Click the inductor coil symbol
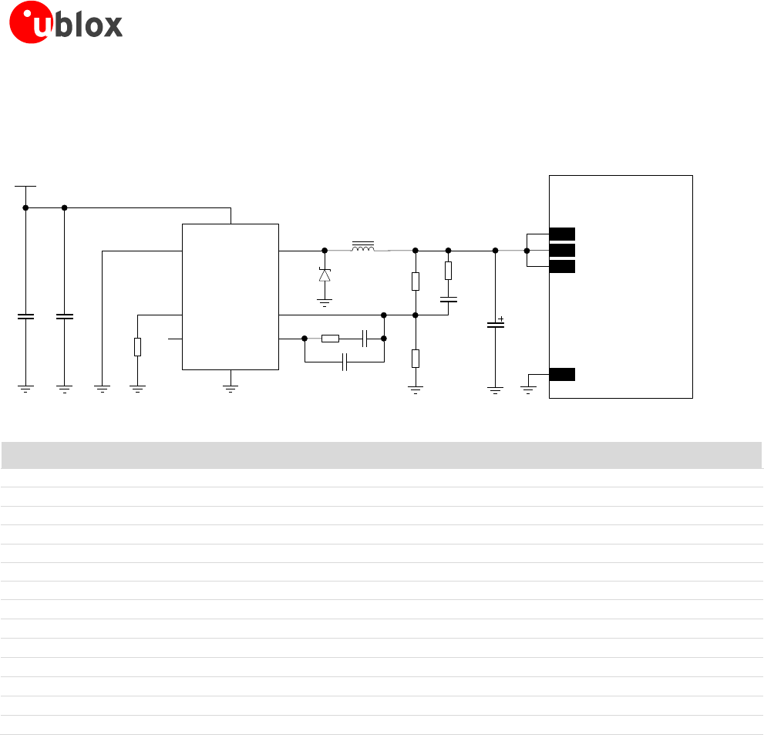click(363, 248)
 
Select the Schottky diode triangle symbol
click(325, 275)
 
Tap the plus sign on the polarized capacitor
click(501, 319)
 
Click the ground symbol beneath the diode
click(325, 303)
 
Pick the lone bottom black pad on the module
click(562, 375)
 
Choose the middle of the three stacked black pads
click(562, 250)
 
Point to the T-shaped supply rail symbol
click(25, 186)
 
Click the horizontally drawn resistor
click(330, 338)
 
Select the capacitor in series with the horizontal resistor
click(365, 338)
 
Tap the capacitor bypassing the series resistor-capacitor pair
click(345, 362)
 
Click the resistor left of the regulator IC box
click(137, 347)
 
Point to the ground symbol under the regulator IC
click(230, 389)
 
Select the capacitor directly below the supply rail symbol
click(25, 316)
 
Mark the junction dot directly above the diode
click(325, 251)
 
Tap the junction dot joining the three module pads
click(527, 251)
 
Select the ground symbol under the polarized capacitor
click(495, 389)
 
